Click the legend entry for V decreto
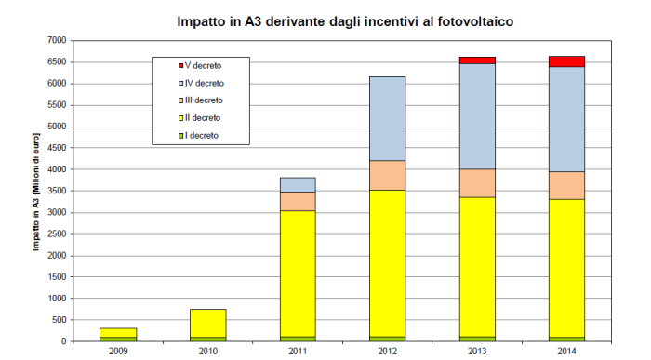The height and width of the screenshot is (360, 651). [x=200, y=66]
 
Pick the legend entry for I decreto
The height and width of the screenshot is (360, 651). [x=200, y=135]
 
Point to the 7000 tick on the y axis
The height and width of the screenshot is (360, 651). [x=56, y=40]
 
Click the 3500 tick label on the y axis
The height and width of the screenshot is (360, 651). [x=56, y=191]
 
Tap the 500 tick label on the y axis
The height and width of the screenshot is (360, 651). [x=59, y=320]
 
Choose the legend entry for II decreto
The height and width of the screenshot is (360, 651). [x=200, y=118]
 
